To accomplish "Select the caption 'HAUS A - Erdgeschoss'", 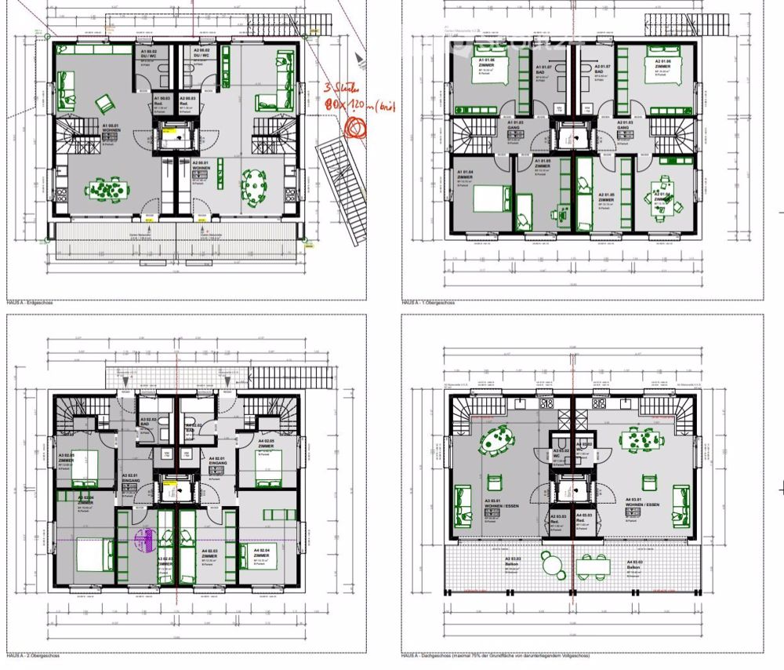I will [x=27, y=302].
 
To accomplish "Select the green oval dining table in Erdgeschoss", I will [x=256, y=186].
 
